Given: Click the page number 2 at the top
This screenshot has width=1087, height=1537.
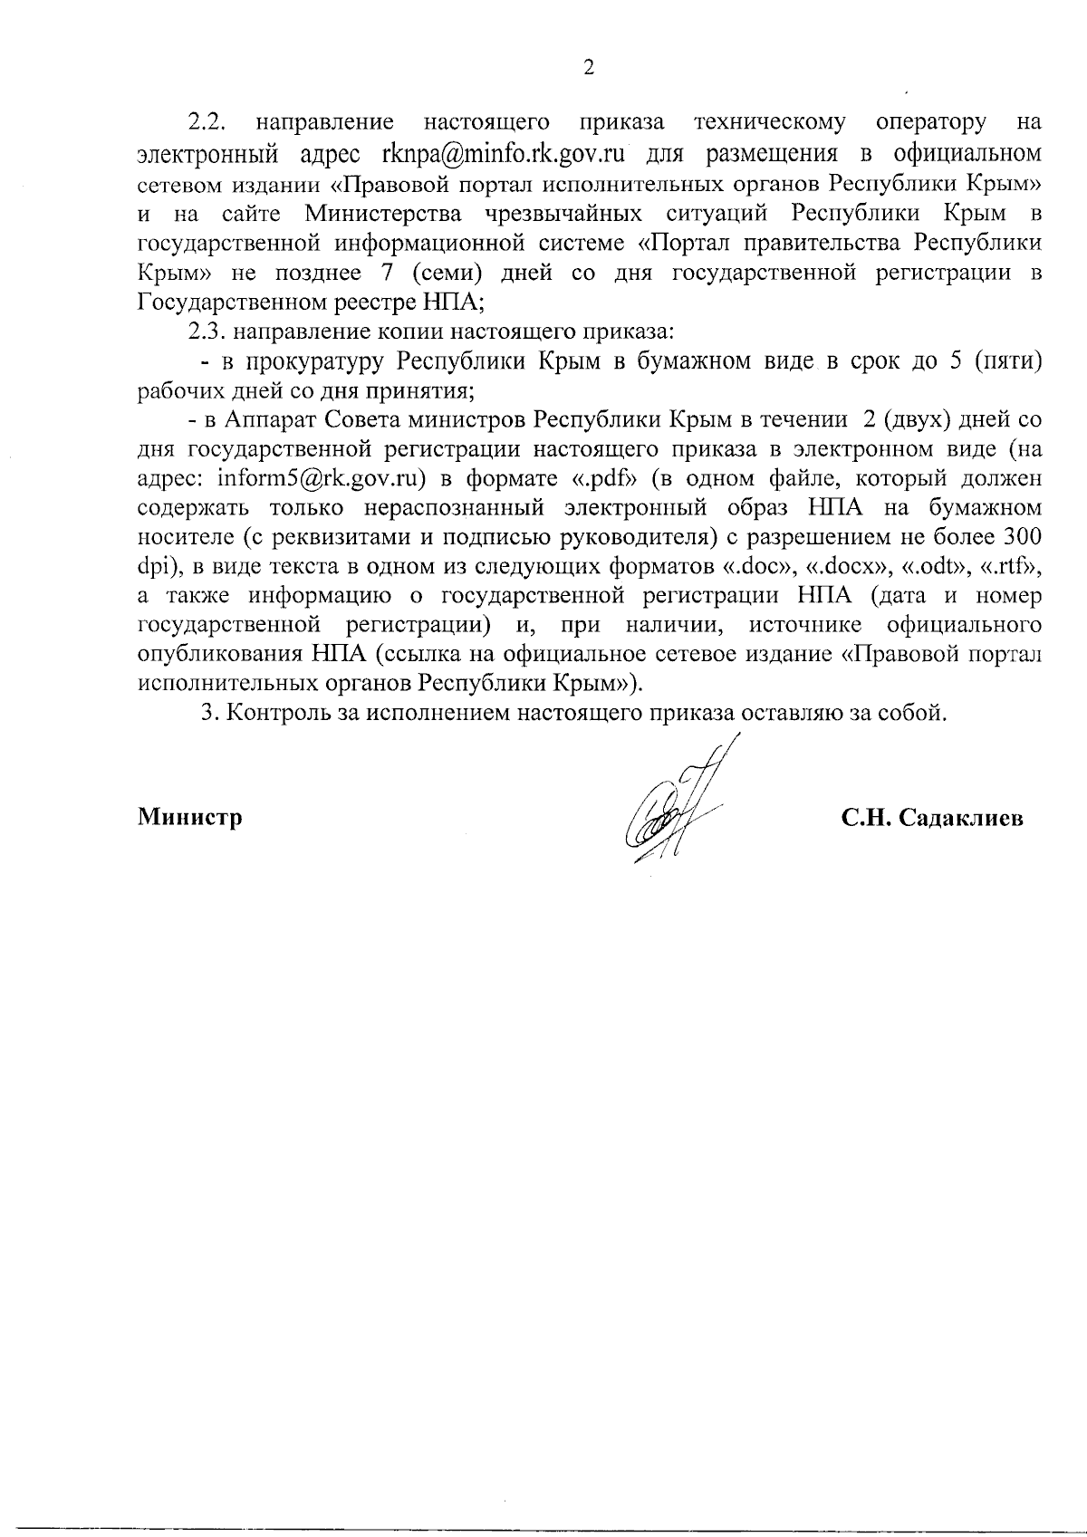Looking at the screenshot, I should pyautogui.click(x=588, y=69).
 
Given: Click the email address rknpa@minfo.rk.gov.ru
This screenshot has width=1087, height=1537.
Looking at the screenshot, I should pyautogui.click(x=498, y=152).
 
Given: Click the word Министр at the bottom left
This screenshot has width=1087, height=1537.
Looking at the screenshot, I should pyautogui.click(x=190, y=818).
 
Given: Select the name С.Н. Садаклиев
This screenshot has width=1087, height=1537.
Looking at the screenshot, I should pyautogui.click(x=932, y=818).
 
